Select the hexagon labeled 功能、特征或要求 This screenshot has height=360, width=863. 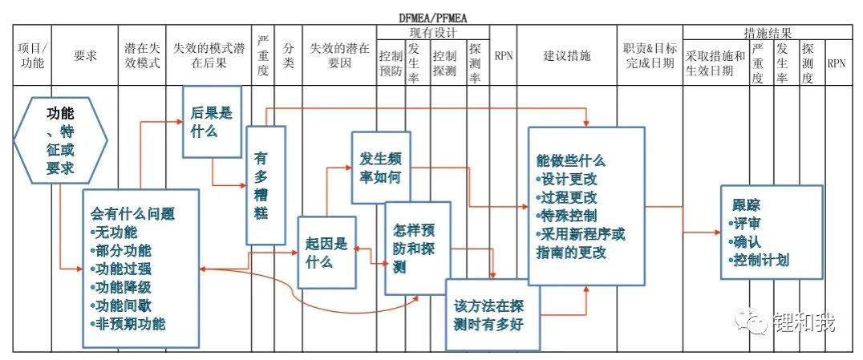tap(60, 142)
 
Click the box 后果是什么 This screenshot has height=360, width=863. tap(212, 121)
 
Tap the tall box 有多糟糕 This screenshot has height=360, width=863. tap(265, 185)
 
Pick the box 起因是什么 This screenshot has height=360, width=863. tap(326, 252)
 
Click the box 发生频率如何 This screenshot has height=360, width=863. tap(381, 168)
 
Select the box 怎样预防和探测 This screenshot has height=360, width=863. tap(417, 247)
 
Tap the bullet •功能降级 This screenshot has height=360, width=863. tap(123, 287)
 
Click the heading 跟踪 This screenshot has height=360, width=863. tap(745, 203)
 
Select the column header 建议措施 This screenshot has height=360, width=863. tap(566, 56)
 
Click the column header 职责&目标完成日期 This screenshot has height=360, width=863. tap(650, 56)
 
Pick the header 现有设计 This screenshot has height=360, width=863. tap(432, 33)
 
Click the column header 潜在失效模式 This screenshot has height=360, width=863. tap(142, 56)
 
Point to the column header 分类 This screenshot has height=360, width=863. tap(289, 56)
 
